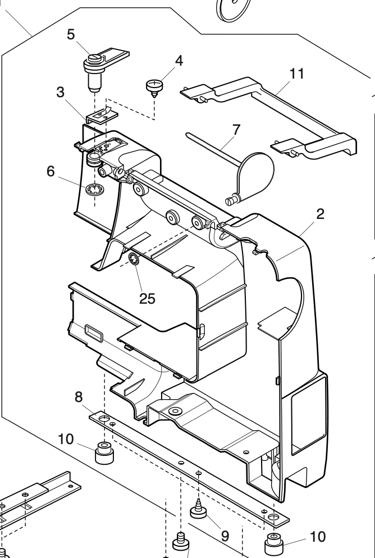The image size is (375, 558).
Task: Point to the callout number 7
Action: coord(236,129)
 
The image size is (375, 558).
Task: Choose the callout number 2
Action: coord(321,213)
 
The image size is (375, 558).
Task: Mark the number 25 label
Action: coord(147,298)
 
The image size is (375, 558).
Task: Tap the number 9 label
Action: coord(225,536)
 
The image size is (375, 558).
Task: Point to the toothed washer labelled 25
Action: coord(134,259)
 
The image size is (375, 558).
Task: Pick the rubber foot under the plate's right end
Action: coord(273,543)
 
